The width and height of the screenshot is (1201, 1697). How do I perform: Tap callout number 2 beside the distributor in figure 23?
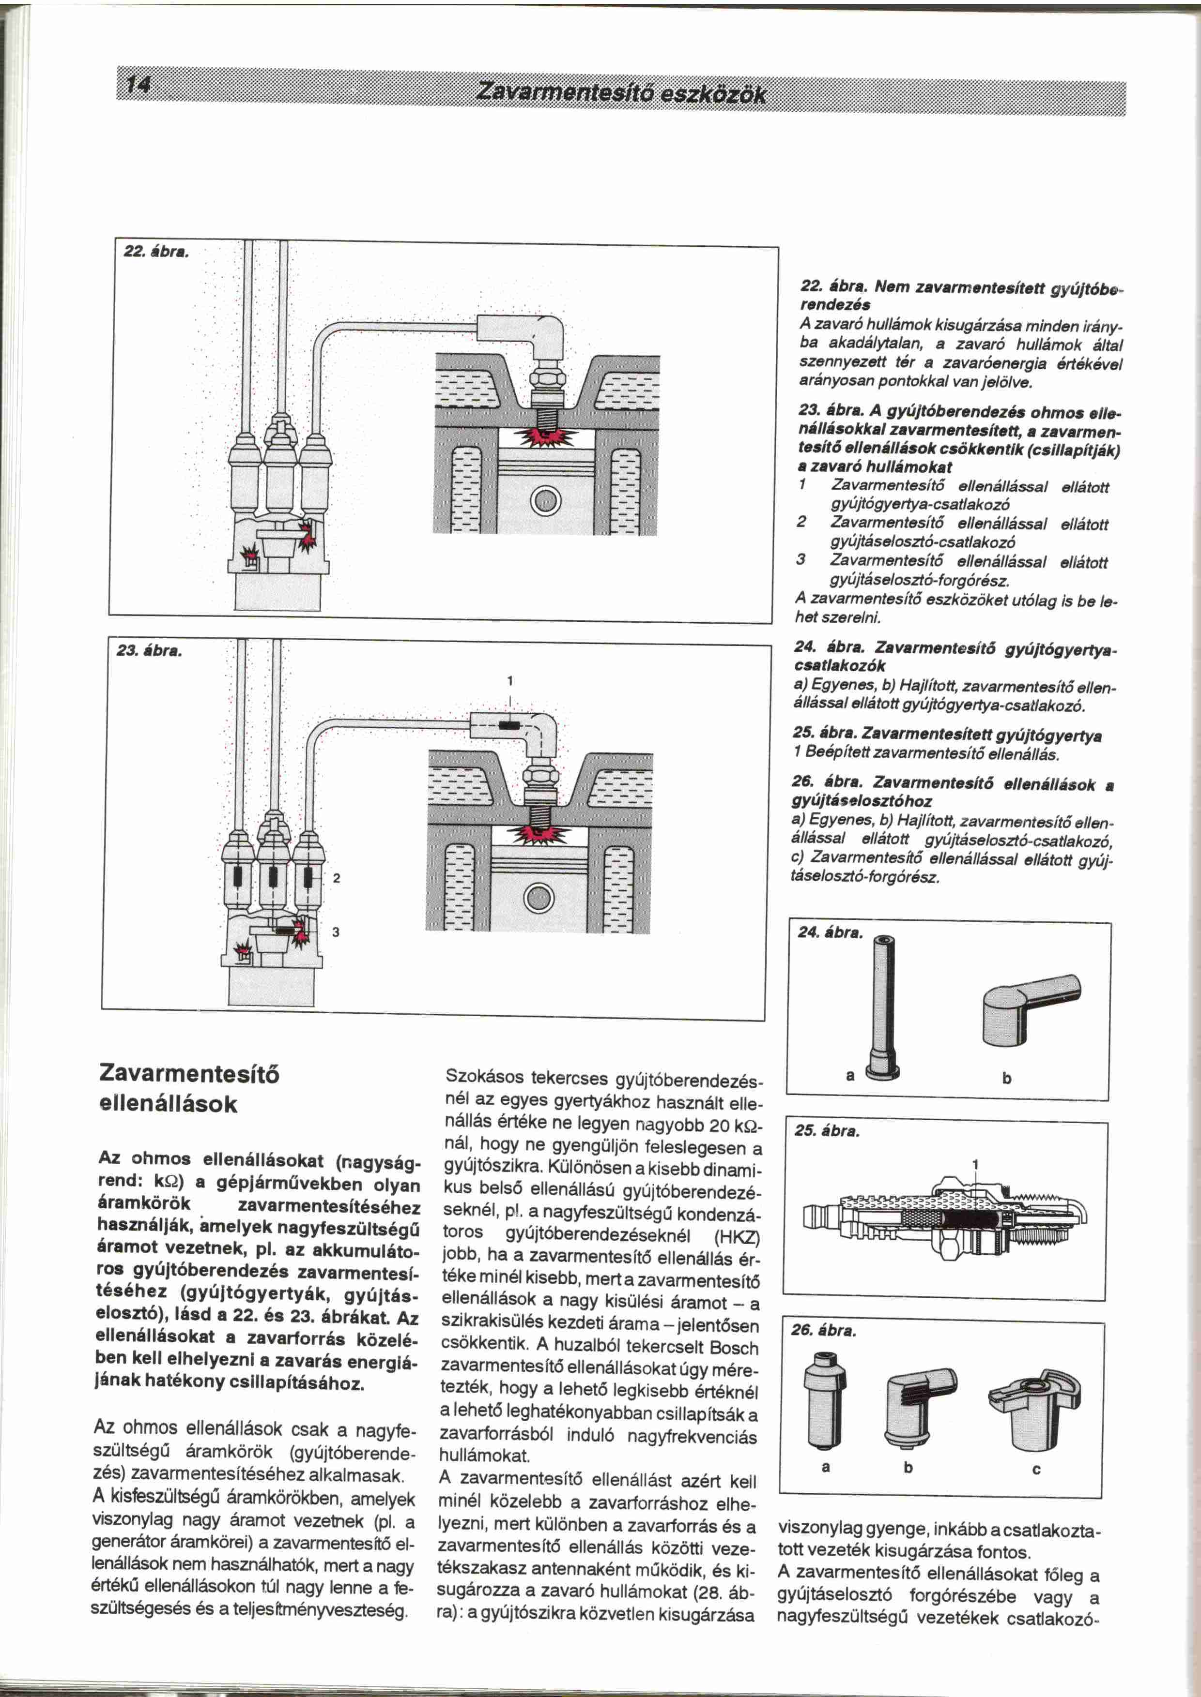tap(337, 878)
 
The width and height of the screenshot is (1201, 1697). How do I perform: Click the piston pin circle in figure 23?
tap(539, 899)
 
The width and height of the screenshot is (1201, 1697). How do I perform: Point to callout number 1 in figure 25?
tap(975, 1166)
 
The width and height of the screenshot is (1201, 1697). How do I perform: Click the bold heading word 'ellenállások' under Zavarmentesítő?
tap(169, 1104)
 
